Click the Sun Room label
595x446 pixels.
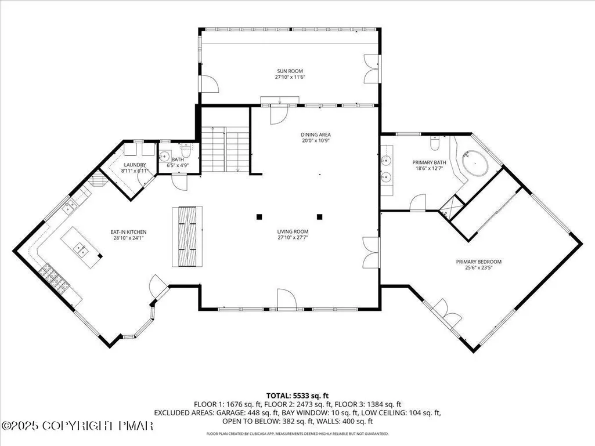click(290, 71)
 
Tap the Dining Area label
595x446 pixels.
click(316, 135)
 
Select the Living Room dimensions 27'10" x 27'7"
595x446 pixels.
click(293, 238)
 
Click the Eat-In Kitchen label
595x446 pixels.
click(128, 232)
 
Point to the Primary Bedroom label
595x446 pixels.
click(478, 262)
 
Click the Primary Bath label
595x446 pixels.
click(429, 162)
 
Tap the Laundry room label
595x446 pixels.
click(135, 165)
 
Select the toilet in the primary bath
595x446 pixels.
click(435, 143)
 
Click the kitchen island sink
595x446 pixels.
click(81, 249)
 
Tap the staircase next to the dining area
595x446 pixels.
click(225, 150)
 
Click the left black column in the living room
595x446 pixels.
click(259, 217)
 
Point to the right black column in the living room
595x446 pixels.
click(319, 217)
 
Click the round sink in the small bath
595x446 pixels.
click(165, 155)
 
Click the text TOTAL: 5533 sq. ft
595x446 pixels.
click(297, 396)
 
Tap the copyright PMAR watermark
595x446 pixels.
click(77, 426)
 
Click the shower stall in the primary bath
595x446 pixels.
click(452, 208)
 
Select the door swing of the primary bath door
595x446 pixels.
click(418, 202)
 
